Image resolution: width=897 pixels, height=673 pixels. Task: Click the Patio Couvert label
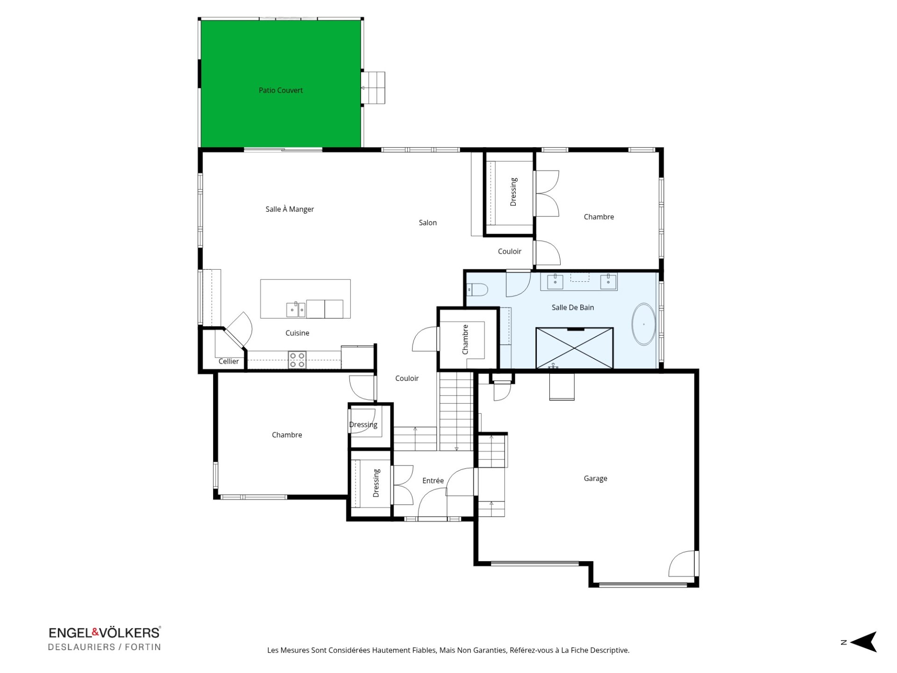click(281, 90)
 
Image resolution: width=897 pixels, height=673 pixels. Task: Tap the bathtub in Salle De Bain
click(643, 324)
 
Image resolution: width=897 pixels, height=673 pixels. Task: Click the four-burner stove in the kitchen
click(297, 360)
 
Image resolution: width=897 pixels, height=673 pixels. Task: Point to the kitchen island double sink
click(296, 309)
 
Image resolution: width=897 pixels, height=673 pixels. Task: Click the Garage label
click(595, 478)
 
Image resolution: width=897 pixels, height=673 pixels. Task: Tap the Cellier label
click(228, 361)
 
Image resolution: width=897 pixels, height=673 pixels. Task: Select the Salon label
click(427, 222)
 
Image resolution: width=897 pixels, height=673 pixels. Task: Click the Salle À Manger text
click(290, 209)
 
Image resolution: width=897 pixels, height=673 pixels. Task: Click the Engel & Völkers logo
click(105, 632)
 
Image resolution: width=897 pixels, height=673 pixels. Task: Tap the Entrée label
click(433, 480)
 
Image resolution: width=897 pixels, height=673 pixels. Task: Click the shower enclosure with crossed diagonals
click(574, 348)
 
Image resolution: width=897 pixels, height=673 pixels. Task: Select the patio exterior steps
click(373, 88)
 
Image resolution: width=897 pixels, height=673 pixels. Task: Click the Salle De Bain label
click(573, 307)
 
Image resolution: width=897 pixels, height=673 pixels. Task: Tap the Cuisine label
click(297, 333)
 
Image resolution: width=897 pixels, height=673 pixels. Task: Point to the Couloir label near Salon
click(509, 251)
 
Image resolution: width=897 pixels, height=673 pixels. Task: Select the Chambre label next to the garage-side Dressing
click(598, 216)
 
